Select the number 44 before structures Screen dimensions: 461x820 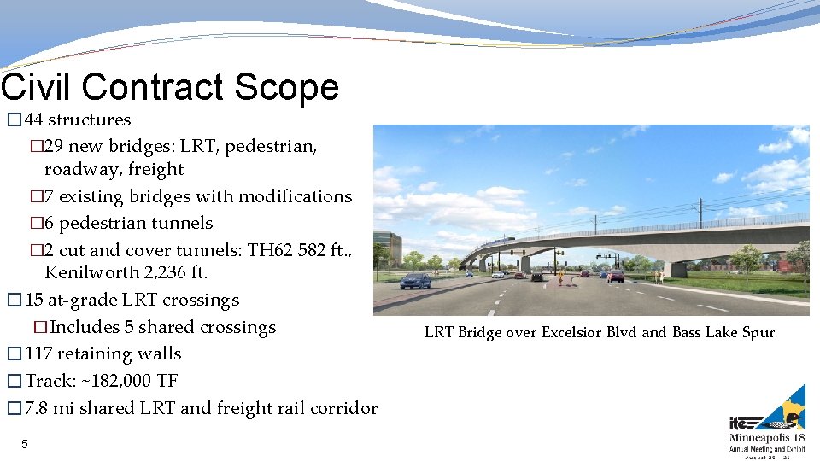pos(35,120)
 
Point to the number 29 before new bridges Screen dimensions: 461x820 pos(54,146)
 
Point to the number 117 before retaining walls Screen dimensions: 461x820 pos(39,353)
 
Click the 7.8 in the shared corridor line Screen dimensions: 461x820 pos(38,408)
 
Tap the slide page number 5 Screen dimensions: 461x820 pos(25,444)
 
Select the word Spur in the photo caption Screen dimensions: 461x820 pos(758,332)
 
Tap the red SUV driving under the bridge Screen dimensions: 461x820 pos(615,276)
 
